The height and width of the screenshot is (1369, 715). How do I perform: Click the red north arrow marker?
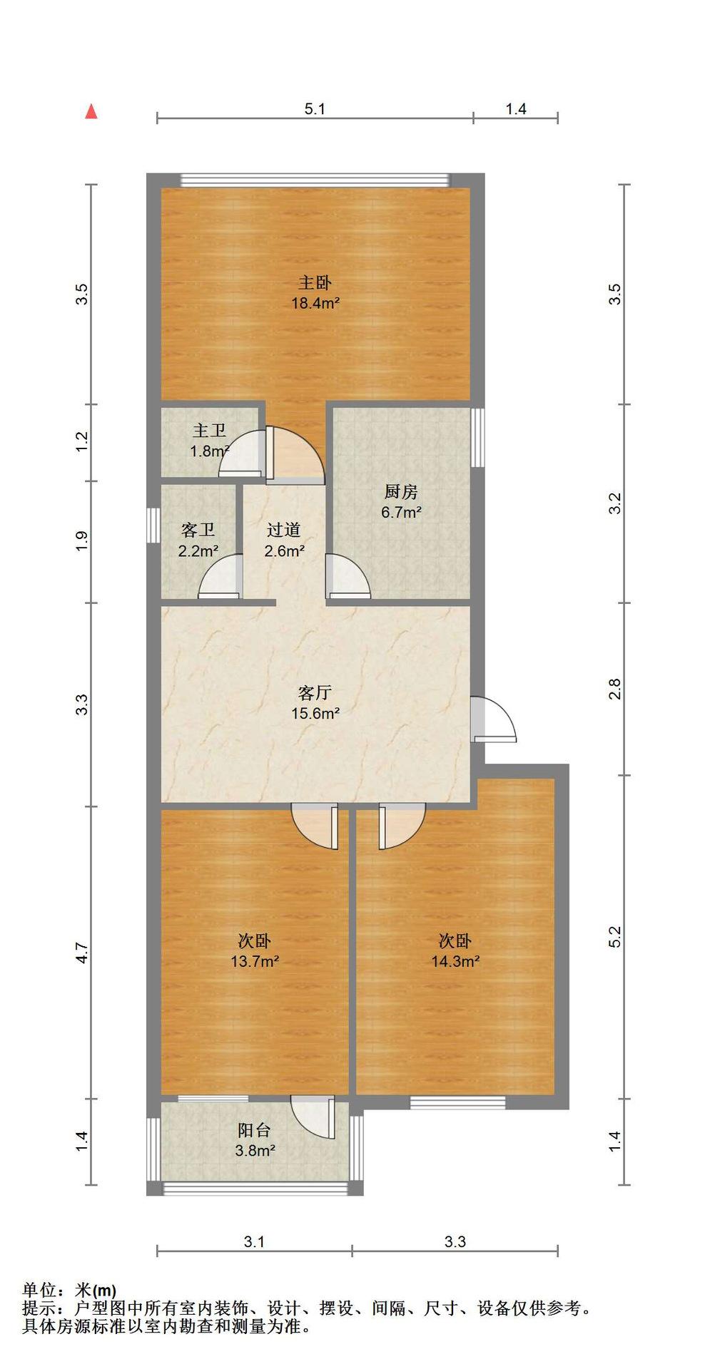[91, 111]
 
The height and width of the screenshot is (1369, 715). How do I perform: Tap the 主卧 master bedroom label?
[315, 283]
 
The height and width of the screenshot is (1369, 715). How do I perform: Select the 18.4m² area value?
[315, 303]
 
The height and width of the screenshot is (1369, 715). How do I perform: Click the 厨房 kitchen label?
[401, 492]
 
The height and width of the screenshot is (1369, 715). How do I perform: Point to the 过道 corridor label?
[284, 530]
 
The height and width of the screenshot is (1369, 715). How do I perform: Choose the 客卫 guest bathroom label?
[198, 530]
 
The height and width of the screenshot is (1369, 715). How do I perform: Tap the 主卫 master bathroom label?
[210, 431]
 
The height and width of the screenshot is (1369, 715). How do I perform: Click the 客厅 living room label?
[315, 693]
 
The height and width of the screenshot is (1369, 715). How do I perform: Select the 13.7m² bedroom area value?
[254, 961]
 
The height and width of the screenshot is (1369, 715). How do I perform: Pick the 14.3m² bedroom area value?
[455, 961]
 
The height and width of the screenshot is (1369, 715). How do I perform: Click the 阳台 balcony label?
[255, 1130]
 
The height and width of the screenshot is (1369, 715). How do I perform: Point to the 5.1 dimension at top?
[315, 109]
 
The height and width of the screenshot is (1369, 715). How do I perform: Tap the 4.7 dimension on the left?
[82, 953]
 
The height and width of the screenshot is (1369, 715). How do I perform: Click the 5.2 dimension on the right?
[615, 937]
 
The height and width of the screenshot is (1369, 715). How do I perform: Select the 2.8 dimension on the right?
[615, 689]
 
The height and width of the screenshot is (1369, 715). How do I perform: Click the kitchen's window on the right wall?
[477, 437]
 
